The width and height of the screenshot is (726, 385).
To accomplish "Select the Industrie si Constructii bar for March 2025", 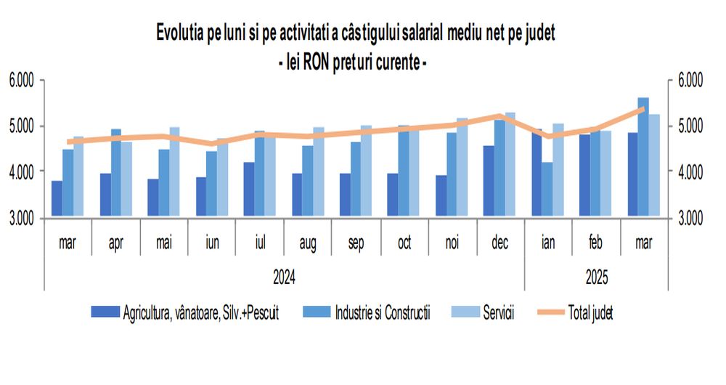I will tap(643, 157).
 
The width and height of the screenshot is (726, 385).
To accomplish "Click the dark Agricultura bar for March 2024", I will tap(57, 198).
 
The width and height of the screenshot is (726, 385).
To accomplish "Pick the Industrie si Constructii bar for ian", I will tap(547, 189).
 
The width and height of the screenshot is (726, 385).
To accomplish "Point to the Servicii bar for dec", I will tap(510, 165).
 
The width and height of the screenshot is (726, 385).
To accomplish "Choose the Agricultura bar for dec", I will tap(489, 181).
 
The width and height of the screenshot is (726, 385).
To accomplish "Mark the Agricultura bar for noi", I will tap(441, 195).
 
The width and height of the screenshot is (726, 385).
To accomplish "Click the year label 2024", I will tap(285, 277).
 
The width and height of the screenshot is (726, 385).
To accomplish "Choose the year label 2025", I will tap(595, 277).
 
